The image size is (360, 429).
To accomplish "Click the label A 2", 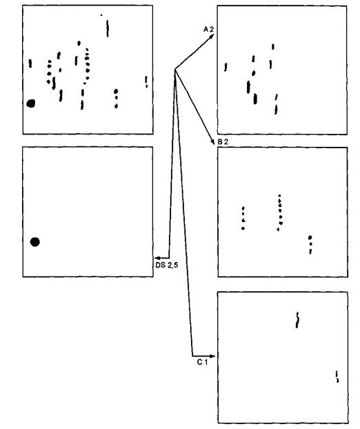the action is tap(208, 29).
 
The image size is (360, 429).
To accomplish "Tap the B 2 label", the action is tap(223, 141).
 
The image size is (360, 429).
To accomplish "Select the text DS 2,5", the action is tap(167, 265).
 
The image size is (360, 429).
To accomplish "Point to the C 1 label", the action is tap(203, 362).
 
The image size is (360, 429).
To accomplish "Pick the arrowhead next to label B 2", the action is tap(212, 141).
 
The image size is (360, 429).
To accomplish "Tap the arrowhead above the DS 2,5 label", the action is tap(157, 258).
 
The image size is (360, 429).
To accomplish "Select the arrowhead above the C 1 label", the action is tap(212, 356).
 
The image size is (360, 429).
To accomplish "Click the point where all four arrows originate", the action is tap(174, 69).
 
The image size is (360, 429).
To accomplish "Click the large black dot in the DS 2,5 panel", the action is tap(35, 242).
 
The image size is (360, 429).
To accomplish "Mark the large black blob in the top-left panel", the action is tap(31, 103).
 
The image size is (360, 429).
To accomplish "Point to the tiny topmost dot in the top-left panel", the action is tap(101, 15).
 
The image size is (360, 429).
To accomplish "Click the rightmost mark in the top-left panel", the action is tap(146, 82).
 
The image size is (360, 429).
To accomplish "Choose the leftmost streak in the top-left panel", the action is tap(30, 63).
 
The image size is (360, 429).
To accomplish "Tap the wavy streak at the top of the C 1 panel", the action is tap(297, 320).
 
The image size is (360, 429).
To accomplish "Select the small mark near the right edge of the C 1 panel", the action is tap(337, 377).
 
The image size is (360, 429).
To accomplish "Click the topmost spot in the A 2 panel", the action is tap(272, 47).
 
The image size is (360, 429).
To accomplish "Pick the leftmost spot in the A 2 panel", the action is tap(226, 67).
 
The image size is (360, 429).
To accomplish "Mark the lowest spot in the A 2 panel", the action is tap(276, 110).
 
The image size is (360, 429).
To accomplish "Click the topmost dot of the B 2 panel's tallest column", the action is tap(279, 195).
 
